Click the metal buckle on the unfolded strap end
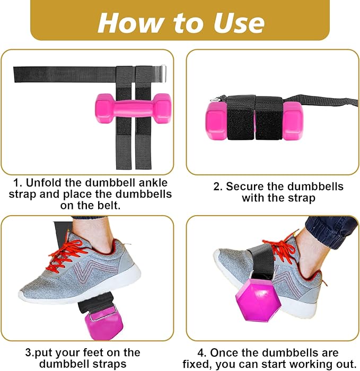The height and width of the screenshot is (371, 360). (162, 70)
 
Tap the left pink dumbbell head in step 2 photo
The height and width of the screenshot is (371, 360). (216, 122)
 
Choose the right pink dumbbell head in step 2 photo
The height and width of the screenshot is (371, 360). (292, 121)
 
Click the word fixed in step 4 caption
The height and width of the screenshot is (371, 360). (199, 364)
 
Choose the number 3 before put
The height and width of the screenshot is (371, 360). (28, 352)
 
